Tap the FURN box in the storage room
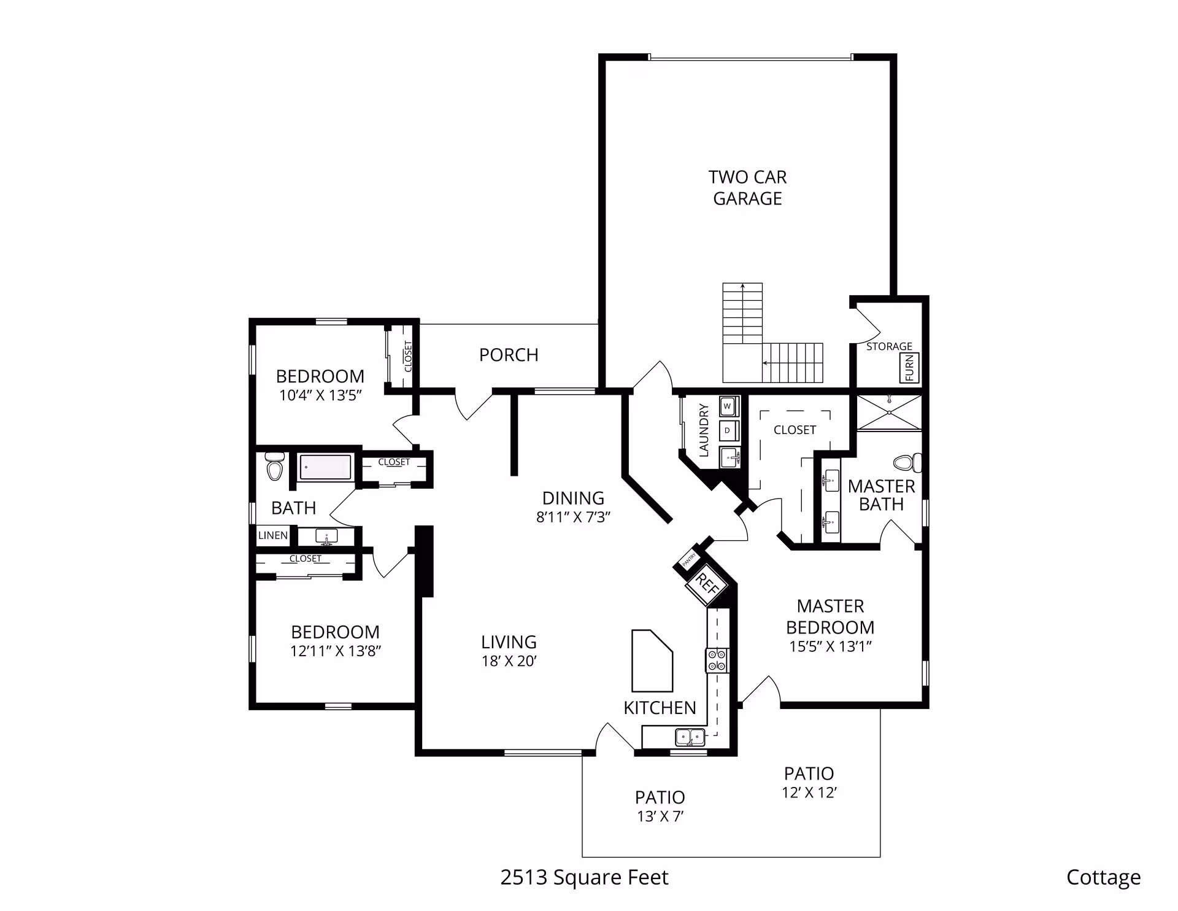point(909,368)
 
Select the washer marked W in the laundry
point(728,406)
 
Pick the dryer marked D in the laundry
point(728,430)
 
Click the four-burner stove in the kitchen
point(717,661)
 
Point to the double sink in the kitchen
point(690,735)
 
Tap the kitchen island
point(652,660)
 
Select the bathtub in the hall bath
point(325,467)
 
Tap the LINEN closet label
point(273,535)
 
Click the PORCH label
point(509,355)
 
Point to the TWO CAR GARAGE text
point(747,188)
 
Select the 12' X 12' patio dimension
point(809,793)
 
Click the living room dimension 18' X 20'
point(509,661)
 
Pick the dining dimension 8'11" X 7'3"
point(573,517)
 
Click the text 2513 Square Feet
point(584,877)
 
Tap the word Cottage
point(1103,877)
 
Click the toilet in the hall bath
point(274,467)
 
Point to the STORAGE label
point(889,346)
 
